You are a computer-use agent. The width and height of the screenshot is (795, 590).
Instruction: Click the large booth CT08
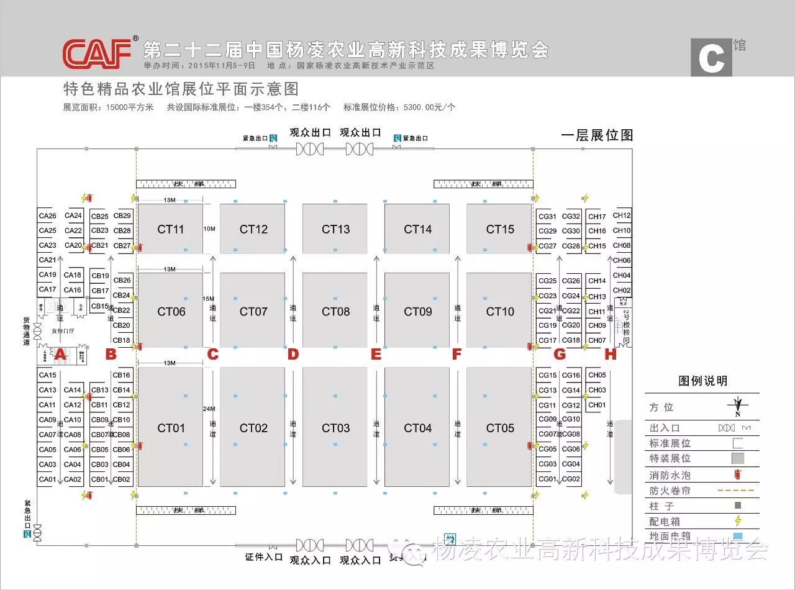point(335,311)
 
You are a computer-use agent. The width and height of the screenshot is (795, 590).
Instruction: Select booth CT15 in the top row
point(500,229)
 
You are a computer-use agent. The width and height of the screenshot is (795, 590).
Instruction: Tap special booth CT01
point(171,427)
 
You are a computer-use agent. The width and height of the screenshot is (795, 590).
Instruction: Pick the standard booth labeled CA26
point(48,216)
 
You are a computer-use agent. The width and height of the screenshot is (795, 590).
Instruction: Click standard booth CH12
point(622,216)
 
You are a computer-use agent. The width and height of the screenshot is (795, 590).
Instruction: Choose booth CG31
point(547,217)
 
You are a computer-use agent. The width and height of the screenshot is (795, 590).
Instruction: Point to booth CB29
point(122,216)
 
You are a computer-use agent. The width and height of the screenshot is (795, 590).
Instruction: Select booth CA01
point(48,479)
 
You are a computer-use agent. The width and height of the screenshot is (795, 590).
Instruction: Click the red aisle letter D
point(293,355)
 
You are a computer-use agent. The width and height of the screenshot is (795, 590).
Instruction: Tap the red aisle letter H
point(611,355)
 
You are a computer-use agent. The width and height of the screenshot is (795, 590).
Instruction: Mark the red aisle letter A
point(60,355)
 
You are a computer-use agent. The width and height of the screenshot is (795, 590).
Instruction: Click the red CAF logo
point(98,53)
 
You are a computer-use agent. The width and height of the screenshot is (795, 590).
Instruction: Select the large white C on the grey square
point(711,58)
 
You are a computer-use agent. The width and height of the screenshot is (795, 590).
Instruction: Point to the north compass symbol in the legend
point(738,407)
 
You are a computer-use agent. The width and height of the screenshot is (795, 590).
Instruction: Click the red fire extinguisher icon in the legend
point(738,474)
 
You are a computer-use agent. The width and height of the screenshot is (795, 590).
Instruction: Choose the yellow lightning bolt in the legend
point(738,521)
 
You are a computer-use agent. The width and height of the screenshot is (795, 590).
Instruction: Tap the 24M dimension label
point(209,409)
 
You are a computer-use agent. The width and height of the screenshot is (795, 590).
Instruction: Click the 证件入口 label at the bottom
point(264,557)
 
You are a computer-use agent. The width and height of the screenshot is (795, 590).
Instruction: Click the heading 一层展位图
point(596,135)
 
